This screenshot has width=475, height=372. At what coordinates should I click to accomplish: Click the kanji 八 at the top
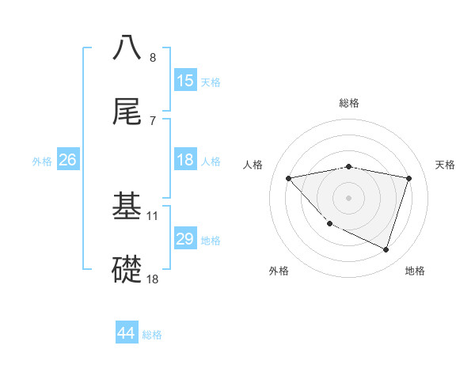(127, 47)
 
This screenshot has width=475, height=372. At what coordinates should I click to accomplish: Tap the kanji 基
(127, 205)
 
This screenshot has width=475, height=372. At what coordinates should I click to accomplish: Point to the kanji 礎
(127, 268)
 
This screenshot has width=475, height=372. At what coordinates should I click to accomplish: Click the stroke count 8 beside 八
(153, 57)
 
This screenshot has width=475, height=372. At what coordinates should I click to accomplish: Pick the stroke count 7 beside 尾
(153, 120)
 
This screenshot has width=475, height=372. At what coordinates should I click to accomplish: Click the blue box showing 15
(185, 81)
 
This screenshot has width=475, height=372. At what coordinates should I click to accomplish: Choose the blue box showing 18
(185, 160)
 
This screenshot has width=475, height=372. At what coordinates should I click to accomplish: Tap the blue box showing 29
(185, 239)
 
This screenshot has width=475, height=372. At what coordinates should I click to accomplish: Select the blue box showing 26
(68, 160)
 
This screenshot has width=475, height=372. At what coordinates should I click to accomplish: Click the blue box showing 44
(127, 333)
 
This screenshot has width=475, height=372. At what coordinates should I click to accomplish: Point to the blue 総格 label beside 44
(152, 335)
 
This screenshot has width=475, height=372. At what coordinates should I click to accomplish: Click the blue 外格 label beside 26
(42, 161)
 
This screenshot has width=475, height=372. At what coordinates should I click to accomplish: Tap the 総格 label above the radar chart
(349, 103)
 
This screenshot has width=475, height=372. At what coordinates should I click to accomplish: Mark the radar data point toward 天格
(408, 178)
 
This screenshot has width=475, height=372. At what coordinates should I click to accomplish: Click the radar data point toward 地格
(386, 249)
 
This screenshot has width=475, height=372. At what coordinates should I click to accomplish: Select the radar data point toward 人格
(289, 178)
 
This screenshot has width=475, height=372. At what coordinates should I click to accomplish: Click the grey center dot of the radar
(349, 197)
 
